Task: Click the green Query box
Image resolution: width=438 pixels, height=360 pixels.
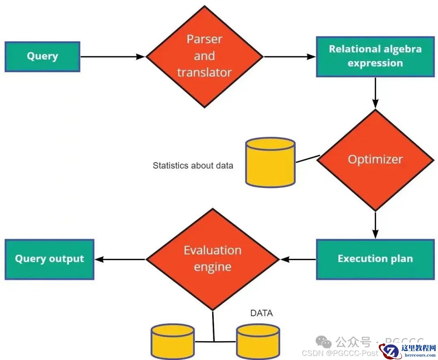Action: point(42,56)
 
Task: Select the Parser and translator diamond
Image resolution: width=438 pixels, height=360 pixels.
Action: point(204,56)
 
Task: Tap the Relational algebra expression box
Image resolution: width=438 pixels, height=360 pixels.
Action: point(375,56)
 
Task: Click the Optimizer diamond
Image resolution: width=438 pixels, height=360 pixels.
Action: point(375,160)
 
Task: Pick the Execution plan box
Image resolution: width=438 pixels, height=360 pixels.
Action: point(375,259)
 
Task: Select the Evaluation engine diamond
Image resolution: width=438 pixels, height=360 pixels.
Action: point(213,259)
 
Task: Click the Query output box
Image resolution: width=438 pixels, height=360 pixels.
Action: point(49,259)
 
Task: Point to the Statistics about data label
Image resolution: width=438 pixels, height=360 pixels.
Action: point(193,166)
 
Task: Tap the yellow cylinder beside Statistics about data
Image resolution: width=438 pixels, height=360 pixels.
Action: point(271,162)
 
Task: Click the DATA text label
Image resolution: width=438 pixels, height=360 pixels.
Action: point(262,313)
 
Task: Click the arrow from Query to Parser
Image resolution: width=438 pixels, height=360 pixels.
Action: point(112,57)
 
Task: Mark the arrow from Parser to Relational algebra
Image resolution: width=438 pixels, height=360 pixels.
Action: point(289,57)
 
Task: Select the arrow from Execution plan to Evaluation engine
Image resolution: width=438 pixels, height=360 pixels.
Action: point(298,259)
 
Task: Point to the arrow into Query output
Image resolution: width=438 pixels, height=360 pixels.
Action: point(120,259)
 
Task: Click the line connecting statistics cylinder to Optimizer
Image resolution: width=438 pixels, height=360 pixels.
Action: point(308,159)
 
